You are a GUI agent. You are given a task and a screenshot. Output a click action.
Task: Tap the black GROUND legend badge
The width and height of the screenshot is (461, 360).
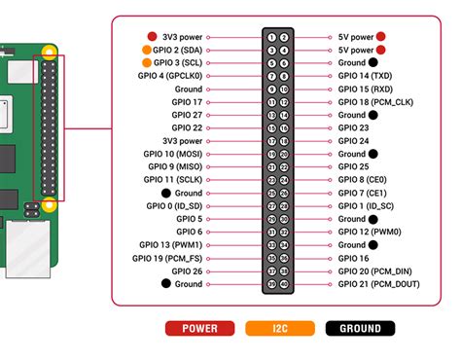point(361,329)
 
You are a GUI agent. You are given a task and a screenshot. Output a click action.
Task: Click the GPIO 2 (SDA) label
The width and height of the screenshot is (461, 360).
point(178,50)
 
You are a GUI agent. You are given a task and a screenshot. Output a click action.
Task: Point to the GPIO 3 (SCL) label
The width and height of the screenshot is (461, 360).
point(178,62)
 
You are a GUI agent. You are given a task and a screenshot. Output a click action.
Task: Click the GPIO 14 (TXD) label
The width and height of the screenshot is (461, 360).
point(362,76)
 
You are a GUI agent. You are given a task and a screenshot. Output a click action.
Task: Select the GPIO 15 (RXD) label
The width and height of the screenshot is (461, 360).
point(363,89)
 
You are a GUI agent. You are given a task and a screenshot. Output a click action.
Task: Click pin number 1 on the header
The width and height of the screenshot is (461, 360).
point(271,37)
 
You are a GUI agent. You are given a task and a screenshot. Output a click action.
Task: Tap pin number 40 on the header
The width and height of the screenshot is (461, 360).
point(284,284)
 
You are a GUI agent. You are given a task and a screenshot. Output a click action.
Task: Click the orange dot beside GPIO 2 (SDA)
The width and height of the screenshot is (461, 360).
point(146,50)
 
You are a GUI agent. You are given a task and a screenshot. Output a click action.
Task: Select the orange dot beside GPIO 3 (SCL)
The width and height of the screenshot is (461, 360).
point(146,62)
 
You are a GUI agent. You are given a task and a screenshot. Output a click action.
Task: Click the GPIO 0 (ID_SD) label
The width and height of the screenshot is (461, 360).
point(171,205)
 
